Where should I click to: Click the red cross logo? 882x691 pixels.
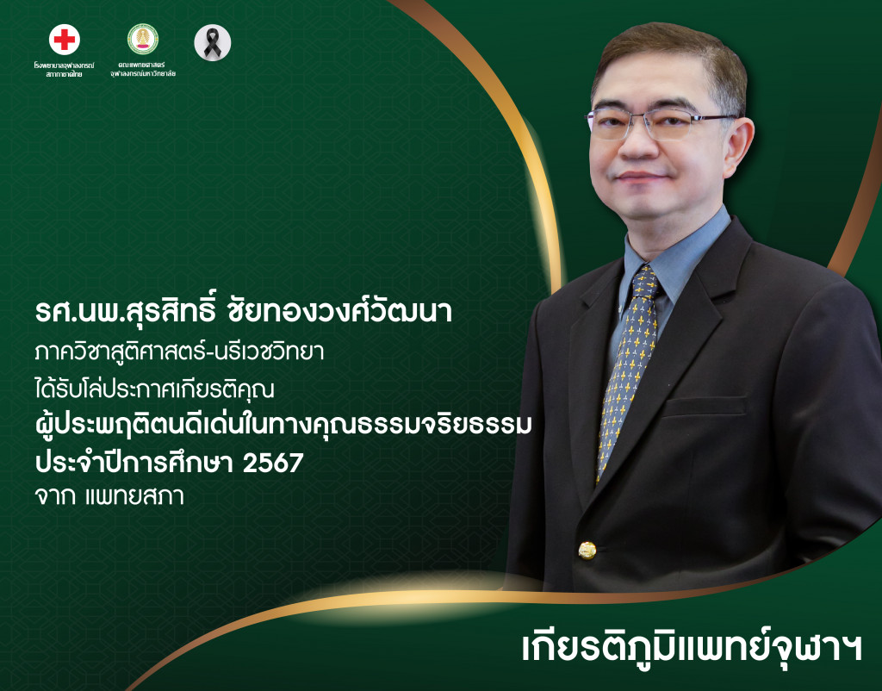[65, 40]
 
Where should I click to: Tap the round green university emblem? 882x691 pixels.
[142, 40]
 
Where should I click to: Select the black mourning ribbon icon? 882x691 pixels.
[212, 42]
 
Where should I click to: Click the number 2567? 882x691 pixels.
[273, 463]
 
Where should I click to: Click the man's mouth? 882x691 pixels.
[644, 177]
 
